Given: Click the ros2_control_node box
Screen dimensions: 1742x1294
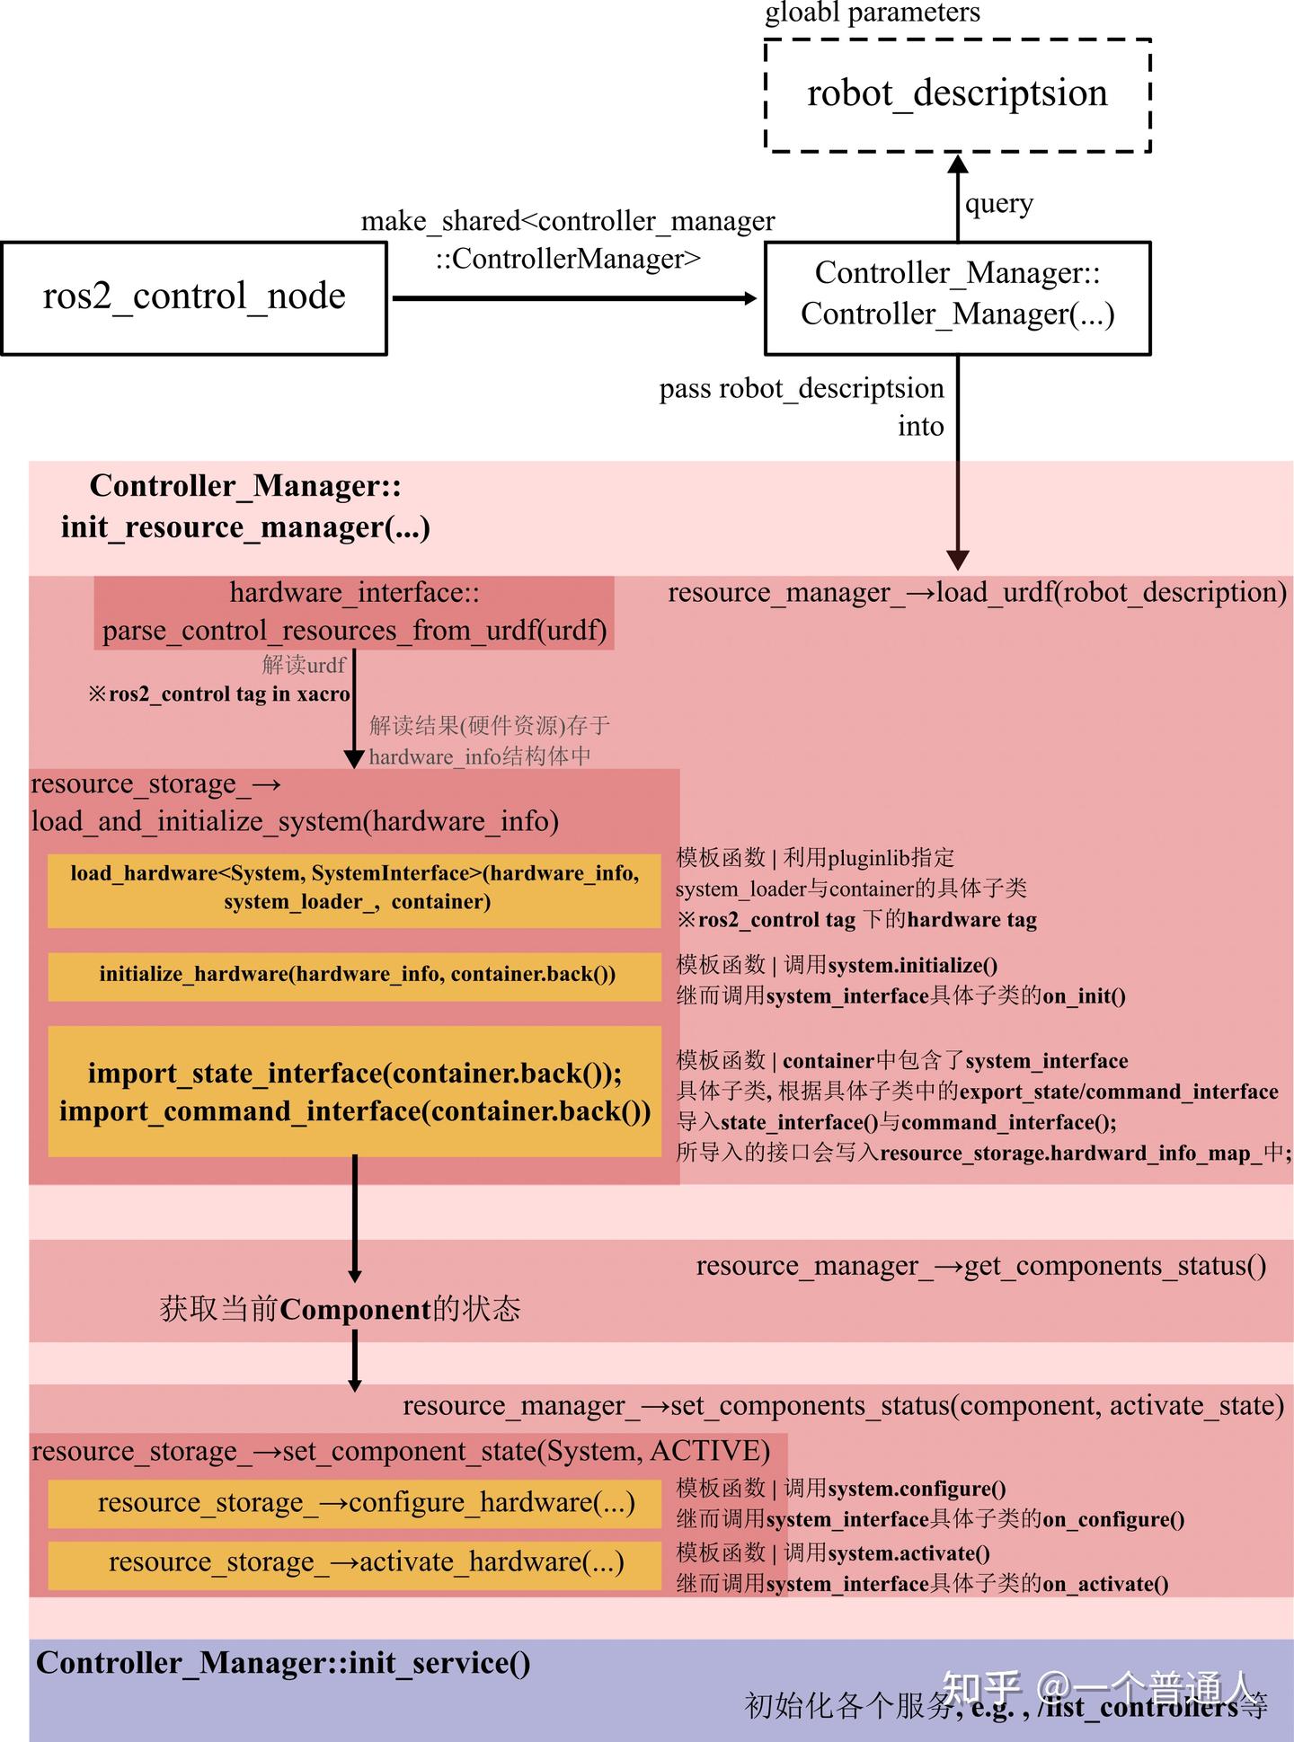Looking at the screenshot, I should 194,297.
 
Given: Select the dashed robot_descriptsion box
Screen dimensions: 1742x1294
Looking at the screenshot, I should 957,94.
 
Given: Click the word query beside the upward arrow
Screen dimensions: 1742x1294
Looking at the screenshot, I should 998,204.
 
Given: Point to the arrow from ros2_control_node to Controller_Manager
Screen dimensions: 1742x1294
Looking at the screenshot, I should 575,297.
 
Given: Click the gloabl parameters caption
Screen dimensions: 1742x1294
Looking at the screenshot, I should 872,13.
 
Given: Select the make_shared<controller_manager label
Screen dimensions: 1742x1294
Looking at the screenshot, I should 567,221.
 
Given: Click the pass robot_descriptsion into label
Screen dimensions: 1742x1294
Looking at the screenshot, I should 802,406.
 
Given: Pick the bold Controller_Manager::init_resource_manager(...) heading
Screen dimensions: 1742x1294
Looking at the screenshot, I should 245,506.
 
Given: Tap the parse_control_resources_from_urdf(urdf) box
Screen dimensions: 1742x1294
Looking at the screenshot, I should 354,612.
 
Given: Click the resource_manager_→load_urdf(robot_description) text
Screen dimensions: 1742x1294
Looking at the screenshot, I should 977,592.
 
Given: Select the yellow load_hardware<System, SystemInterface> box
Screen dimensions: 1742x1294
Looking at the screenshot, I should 354,888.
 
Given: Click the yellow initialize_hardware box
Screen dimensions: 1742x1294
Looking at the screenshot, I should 354,975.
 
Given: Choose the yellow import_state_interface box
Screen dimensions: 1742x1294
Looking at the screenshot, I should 354,1092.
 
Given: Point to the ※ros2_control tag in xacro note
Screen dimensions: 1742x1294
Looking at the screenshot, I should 218,694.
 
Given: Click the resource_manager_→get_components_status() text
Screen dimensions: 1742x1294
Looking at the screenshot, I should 980,1266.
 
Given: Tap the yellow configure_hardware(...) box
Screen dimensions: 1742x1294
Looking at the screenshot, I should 354,1503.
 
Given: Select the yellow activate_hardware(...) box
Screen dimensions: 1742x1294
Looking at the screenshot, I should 354,1563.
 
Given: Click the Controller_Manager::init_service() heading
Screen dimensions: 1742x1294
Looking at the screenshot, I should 283,1664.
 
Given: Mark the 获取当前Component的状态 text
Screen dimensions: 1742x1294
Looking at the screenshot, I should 340,1309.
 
